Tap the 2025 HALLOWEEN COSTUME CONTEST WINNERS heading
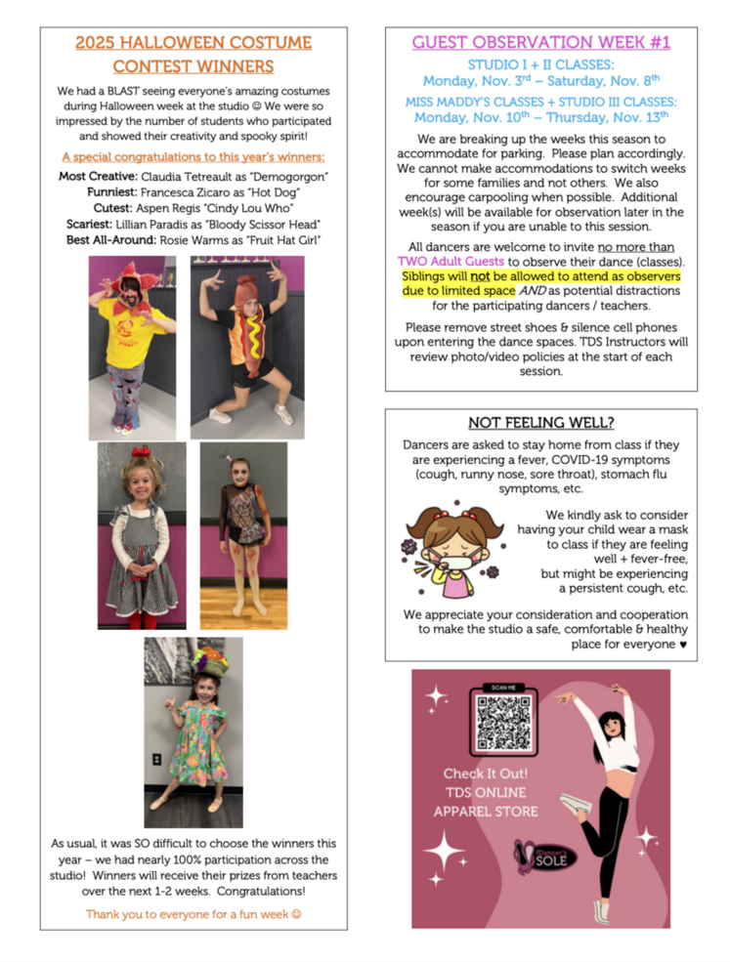[193, 55]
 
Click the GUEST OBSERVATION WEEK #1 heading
[540, 43]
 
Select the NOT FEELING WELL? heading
[540, 422]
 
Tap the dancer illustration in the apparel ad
[611, 791]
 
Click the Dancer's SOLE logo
[545, 857]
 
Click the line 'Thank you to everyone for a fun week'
[193, 914]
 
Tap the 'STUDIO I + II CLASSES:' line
[540, 64]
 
